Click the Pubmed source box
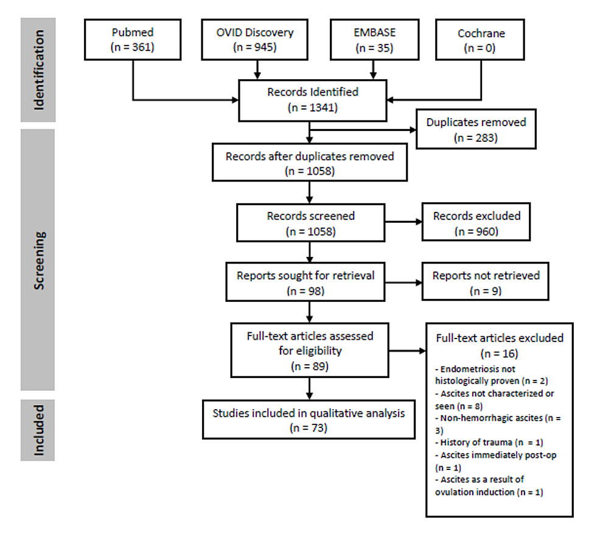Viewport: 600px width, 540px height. (132, 40)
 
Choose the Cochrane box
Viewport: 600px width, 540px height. (482, 40)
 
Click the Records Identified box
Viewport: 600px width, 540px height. (313, 100)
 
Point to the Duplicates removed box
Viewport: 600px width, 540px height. (476, 129)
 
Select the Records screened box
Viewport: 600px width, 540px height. (310, 223)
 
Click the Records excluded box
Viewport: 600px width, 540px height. (476, 223)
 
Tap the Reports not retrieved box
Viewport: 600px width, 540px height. (485, 282)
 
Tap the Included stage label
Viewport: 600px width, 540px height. (38, 430)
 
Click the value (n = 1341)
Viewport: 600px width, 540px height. (313, 108)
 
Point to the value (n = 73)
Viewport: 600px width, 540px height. (308, 427)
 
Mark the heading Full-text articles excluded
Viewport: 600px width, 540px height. (499, 337)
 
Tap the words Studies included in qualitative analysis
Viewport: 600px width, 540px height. (308, 413)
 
